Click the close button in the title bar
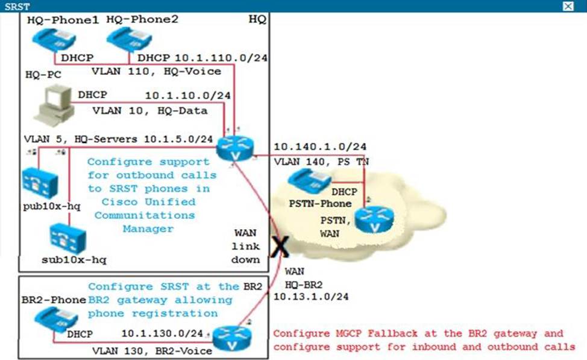click(x=568, y=6)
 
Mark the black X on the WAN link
click(x=279, y=248)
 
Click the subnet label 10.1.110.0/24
click(x=221, y=58)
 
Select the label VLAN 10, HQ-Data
click(x=149, y=110)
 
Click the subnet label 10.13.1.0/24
click(x=311, y=297)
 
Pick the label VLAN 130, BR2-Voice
click(x=152, y=350)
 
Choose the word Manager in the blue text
click(x=148, y=229)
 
